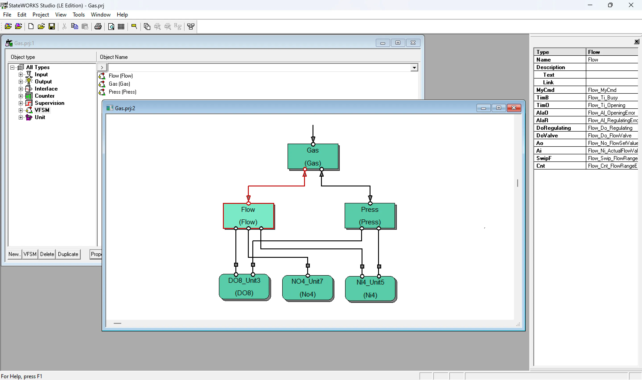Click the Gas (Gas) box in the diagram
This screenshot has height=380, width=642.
point(313,157)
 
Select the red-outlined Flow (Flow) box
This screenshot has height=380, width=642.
point(248,216)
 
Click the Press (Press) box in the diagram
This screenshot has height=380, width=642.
point(370,216)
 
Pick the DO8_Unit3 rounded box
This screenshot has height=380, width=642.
point(244,287)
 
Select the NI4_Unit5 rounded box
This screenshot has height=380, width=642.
point(370,289)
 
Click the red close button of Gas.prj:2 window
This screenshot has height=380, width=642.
point(513,108)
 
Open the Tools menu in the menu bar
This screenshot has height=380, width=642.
point(78,14)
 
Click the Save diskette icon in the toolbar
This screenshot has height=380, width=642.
point(52,26)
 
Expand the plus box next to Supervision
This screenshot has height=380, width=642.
point(21,103)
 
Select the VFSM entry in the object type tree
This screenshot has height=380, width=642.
point(42,110)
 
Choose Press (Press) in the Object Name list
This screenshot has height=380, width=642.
point(122,92)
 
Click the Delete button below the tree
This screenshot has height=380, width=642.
point(47,254)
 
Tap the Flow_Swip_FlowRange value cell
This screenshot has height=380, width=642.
point(611,158)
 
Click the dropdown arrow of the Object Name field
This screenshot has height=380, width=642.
point(414,68)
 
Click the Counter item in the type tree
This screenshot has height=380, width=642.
point(45,96)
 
